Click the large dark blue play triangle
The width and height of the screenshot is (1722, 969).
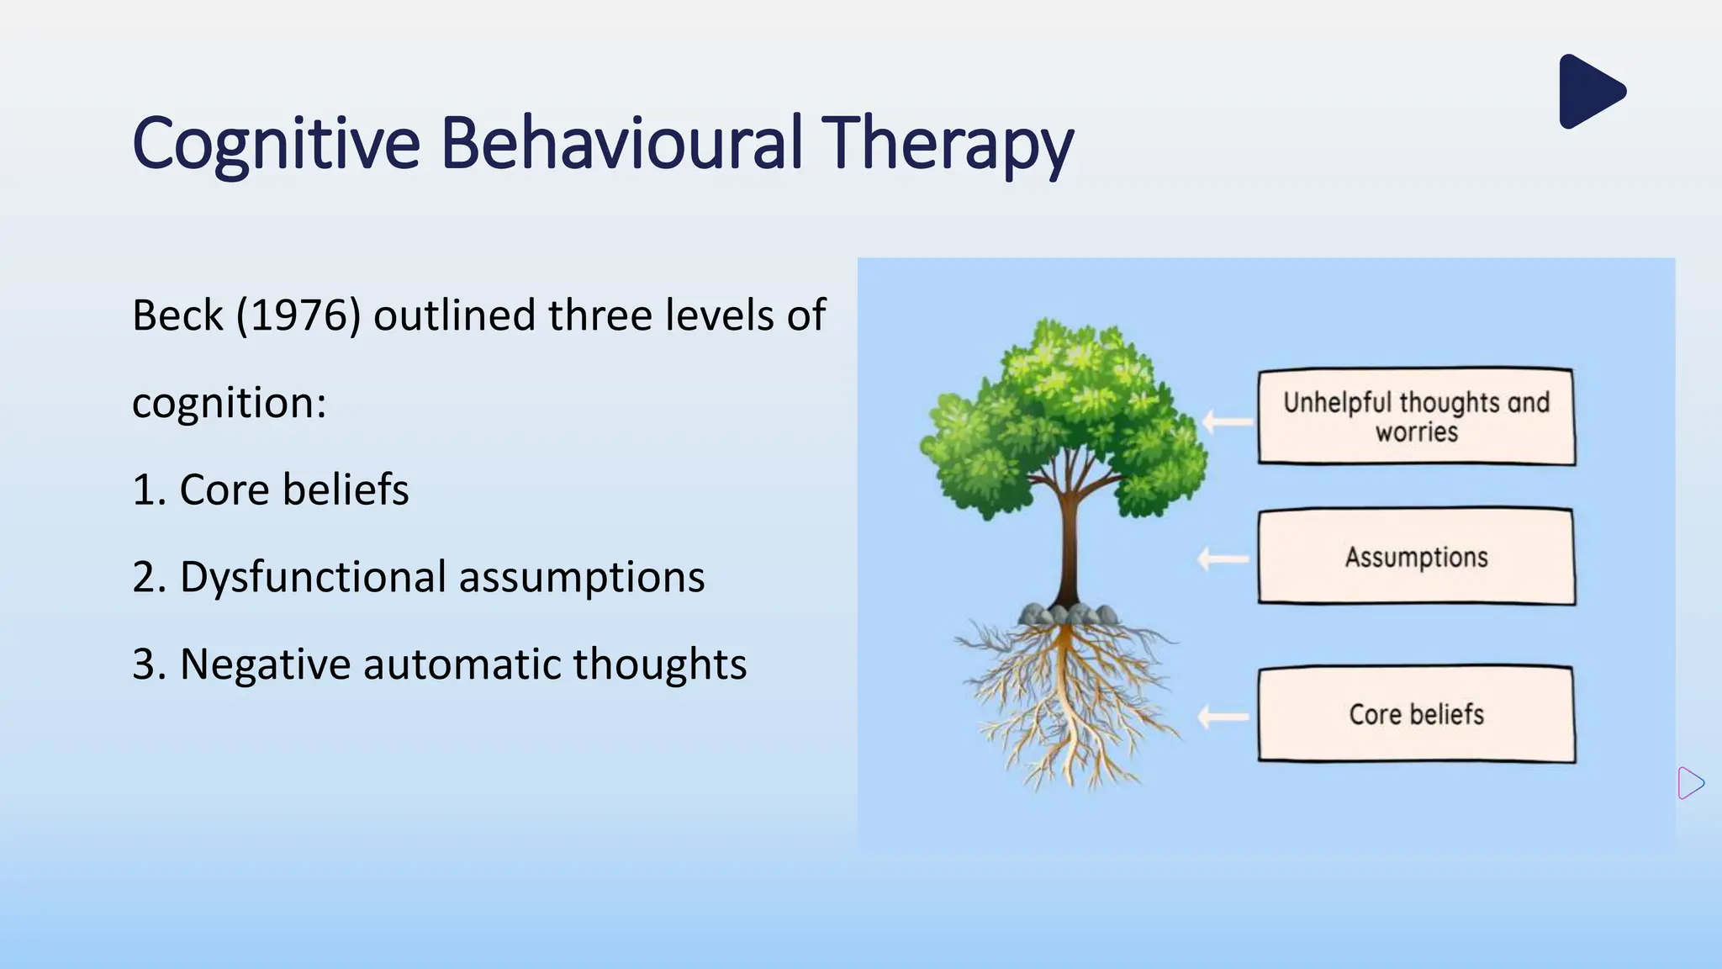[1588, 92]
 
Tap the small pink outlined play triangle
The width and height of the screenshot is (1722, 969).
[1688, 783]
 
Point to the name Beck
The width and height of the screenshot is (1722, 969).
[178, 316]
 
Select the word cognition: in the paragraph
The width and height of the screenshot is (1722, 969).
[229, 403]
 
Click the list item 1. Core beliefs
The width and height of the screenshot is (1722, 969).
[271, 490]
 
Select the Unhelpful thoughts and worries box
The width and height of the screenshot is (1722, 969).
[1416, 416]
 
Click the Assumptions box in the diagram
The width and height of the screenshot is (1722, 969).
[1416, 556]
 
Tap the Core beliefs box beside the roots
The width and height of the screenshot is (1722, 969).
[1416, 714]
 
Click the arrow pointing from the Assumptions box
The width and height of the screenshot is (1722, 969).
[1223, 559]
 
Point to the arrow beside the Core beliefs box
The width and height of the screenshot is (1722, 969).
[1223, 717]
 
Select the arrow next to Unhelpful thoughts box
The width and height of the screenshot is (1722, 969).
[1228, 421]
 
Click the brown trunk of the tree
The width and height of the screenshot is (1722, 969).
[1069, 547]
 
